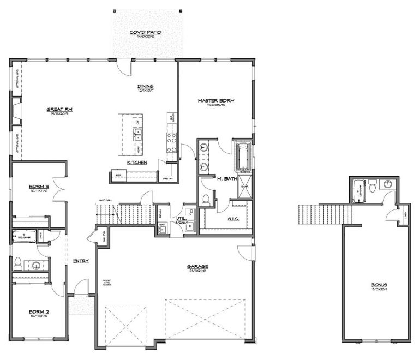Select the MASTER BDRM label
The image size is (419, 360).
tap(213, 101)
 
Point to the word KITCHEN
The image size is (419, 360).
tap(136, 163)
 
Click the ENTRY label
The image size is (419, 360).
tap(81, 261)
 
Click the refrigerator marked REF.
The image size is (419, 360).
tap(118, 175)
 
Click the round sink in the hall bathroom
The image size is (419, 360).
tap(36, 266)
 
